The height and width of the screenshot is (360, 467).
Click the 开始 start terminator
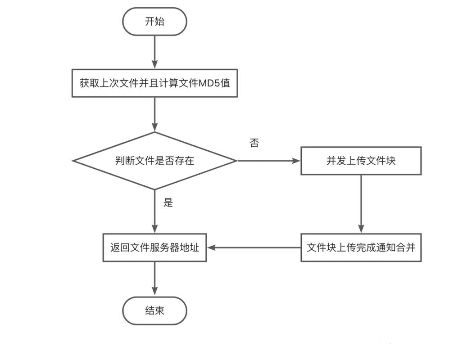[154, 22]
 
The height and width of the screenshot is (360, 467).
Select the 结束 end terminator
[154, 310]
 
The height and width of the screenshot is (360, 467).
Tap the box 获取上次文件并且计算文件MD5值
[154, 83]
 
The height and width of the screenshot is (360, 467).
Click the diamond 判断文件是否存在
[154, 161]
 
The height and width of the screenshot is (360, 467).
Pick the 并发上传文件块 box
[361, 161]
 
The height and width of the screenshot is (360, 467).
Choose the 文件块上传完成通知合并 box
[361, 247]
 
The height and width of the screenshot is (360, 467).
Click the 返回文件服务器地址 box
[154, 247]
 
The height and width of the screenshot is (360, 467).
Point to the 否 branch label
[254, 144]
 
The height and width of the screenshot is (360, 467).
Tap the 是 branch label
[168, 202]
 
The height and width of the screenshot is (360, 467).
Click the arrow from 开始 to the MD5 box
[154, 52]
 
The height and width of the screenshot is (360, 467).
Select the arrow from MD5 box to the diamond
[154, 114]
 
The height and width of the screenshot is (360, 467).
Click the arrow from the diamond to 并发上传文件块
[268, 161]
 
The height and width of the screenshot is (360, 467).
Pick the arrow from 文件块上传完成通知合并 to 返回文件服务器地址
[254, 247]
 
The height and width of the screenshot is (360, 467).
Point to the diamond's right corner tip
[236, 161]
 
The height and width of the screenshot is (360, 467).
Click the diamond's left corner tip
[73, 161]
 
